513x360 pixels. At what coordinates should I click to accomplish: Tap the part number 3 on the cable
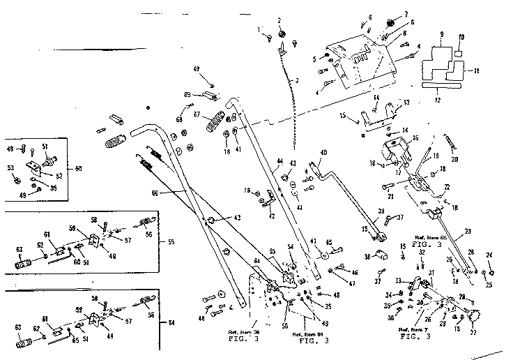(296, 82)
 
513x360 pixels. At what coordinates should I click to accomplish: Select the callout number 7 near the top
(404, 14)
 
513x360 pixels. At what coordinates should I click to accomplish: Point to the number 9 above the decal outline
(441, 34)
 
